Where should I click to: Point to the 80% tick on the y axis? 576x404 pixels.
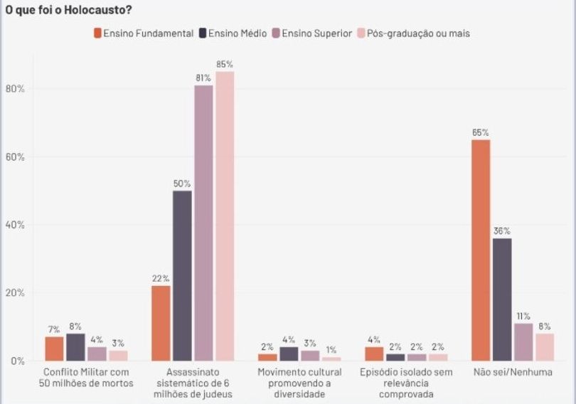tap(15, 89)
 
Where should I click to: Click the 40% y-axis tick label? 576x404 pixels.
tap(15, 225)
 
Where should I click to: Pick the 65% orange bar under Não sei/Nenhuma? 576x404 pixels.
tap(481, 250)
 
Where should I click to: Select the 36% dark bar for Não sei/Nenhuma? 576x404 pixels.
tap(502, 299)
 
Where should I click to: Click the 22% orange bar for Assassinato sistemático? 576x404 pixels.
tap(161, 323)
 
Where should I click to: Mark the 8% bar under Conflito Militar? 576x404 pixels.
tap(75, 347)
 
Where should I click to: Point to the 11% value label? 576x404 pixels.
tap(523, 315)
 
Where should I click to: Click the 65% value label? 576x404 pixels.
tap(481, 132)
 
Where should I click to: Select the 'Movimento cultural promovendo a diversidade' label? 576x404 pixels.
tap(299, 383)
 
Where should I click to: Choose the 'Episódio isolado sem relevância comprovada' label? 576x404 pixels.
tap(406, 383)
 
